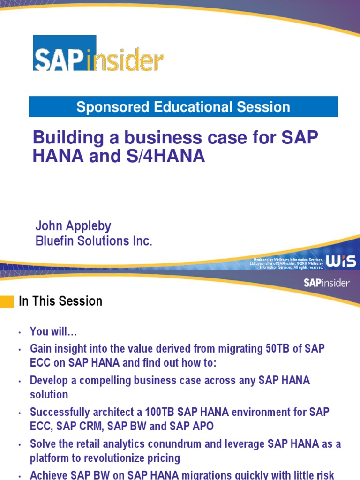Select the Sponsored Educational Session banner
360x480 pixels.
click(x=183, y=107)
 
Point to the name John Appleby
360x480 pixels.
click(x=74, y=226)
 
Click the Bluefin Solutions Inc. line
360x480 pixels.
click(x=94, y=241)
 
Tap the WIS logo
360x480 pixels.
click(x=341, y=262)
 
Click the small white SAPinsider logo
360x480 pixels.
click(x=326, y=283)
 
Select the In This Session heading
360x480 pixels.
click(x=60, y=301)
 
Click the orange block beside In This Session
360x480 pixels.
click(x=7, y=301)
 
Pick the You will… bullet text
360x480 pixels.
click(x=53, y=332)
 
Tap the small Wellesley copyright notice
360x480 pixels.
click(x=288, y=263)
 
